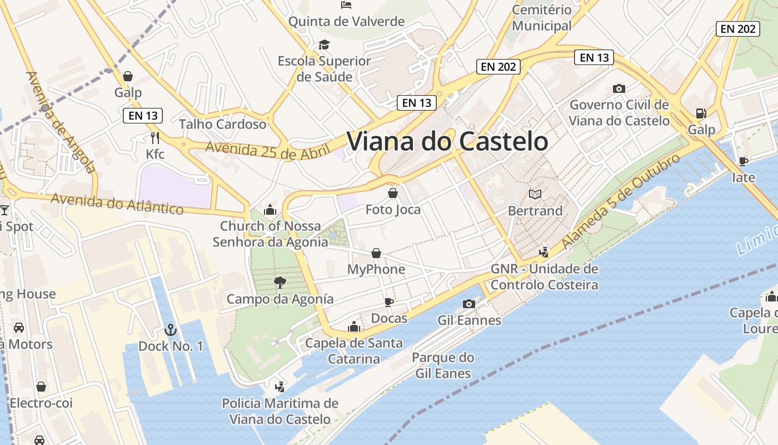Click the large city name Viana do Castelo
447,141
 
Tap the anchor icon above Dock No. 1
170,330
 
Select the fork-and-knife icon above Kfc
155,137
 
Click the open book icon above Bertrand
535,194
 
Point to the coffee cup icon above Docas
389,302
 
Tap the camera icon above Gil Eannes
469,304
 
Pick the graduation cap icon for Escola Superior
324,44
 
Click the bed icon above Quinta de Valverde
346,5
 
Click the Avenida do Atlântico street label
117,204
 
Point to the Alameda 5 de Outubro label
620,201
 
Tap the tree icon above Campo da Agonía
280,283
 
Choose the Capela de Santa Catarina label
354,351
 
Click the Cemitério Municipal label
541,18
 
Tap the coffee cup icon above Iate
743,161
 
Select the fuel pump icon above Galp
701,113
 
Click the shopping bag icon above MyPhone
376,253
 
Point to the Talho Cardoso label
222,124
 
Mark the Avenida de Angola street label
61,122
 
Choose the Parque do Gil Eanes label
443,365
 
